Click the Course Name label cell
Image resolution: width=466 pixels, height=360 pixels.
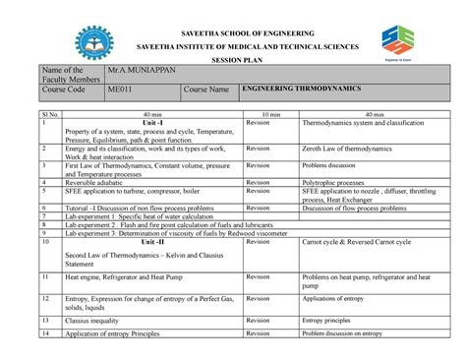click(206, 90)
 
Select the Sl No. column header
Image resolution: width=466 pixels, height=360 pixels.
click(50, 116)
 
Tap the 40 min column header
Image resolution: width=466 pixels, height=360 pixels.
click(153, 116)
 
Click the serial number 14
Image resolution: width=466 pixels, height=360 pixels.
click(46, 334)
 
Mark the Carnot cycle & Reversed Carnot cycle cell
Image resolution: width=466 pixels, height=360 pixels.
click(357, 242)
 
